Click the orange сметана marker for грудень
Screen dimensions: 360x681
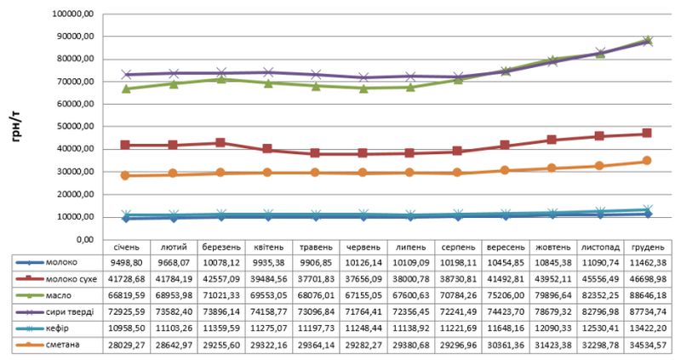point(647,161)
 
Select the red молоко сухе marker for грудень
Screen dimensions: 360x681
point(647,134)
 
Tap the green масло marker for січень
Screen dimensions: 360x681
point(126,89)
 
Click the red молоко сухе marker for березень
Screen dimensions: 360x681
point(221,143)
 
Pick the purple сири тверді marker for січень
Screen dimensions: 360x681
point(126,75)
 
